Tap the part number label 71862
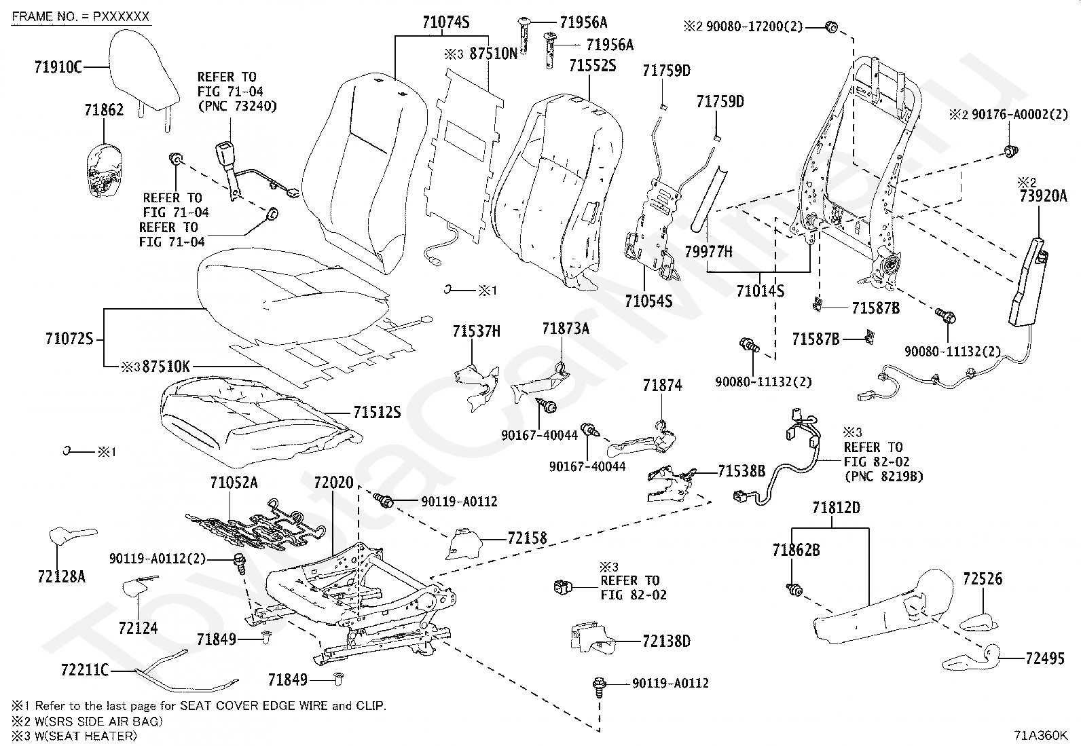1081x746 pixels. pyautogui.click(x=104, y=110)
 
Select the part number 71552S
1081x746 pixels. pyautogui.click(x=592, y=66)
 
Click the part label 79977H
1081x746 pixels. pyautogui.click(x=708, y=251)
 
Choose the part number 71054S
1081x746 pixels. pyautogui.click(x=648, y=301)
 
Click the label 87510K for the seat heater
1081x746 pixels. pyautogui.click(x=166, y=367)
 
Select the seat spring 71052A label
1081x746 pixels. pyautogui.click(x=234, y=483)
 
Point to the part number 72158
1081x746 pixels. pyautogui.click(x=527, y=538)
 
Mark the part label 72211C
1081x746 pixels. pyautogui.click(x=84, y=670)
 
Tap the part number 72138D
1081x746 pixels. pyautogui.click(x=666, y=641)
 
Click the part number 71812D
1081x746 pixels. pyautogui.click(x=836, y=508)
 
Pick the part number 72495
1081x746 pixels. pyautogui.click(x=1045, y=658)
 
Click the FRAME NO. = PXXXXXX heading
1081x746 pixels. pyautogui.click(x=81, y=16)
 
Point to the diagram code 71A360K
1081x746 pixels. pyautogui.click(x=1040, y=735)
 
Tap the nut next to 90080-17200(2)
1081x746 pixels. pyautogui.click(x=830, y=27)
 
